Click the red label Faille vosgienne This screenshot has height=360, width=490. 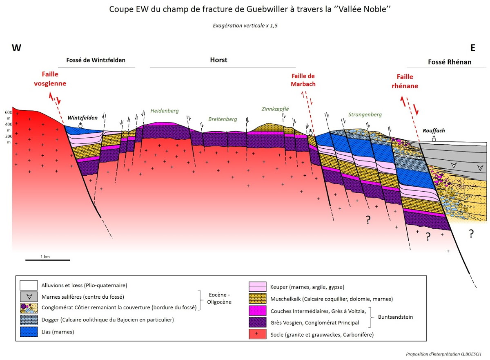pos(53,79)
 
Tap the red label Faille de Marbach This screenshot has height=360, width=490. pos(303,80)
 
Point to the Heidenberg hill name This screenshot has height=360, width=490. pos(165,111)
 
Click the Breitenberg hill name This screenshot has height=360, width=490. pos(223,119)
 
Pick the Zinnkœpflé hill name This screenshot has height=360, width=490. pos(275,109)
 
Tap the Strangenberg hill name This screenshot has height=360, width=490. pos(365,114)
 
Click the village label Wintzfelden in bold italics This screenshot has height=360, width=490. pos(82,118)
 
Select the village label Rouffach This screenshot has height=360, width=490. pos(434,131)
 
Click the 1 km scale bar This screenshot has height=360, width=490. pos(48,259)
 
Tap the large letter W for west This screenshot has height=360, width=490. pos(16,48)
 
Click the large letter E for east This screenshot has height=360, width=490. pos(473,48)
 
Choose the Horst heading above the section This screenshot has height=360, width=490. pos(218,60)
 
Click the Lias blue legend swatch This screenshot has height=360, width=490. pos(29,332)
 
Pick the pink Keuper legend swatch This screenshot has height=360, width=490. pos(258,287)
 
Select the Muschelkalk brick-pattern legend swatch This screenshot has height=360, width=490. pos(258,299)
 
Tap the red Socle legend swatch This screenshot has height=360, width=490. pos(258,335)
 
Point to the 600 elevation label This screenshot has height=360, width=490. pos(8,112)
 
